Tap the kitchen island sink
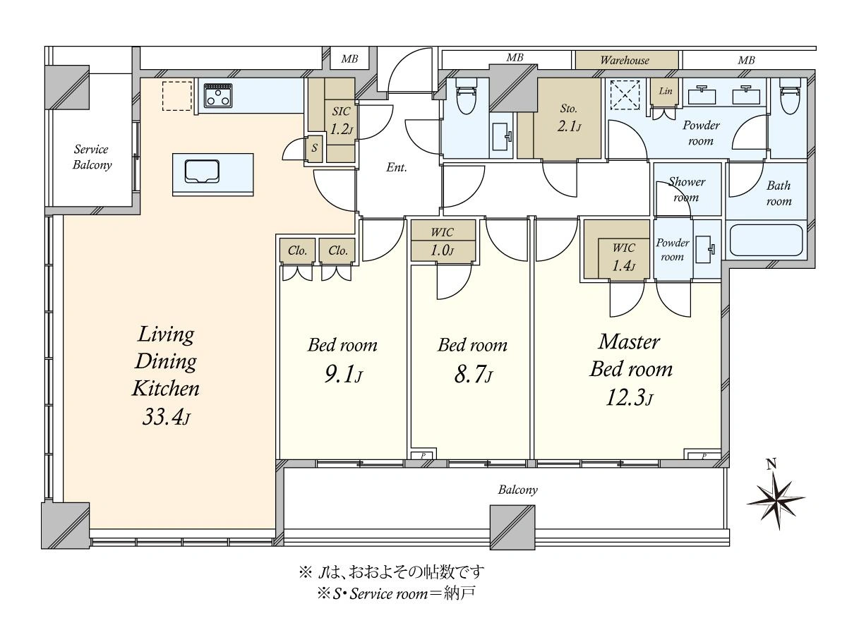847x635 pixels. click(202, 171)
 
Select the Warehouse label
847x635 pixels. click(625, 60)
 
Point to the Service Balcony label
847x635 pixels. click(92, 157)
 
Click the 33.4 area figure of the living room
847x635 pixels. click(166, 417)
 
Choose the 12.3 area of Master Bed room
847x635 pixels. click(630, 398)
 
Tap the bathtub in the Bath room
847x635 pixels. click(766, 240)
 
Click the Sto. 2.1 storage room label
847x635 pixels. click(569, 118)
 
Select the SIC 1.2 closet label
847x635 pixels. click(341, 120)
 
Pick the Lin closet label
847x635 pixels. click(666, 91)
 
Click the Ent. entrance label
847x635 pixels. click(396, 167)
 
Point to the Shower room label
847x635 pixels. click(687, 189)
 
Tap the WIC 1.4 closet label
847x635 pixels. click(623, 256)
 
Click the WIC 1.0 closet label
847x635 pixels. click(443, 241)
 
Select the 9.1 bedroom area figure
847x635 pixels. click(344, 375)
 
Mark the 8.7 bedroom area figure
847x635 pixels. click(473, 375)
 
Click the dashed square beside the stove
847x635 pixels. click(177, 96)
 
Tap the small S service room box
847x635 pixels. click(314, 147)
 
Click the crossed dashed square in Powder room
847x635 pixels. click(625, 95)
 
